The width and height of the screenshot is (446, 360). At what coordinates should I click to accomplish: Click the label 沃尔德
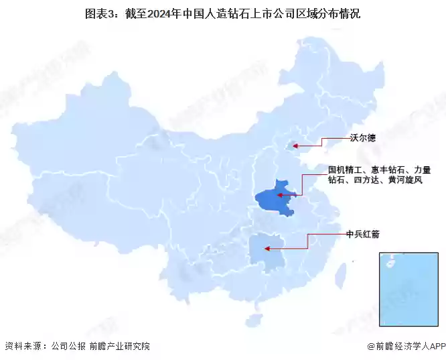(x=362, y=138)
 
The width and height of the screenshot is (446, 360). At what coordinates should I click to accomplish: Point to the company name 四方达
(x=367, y=180)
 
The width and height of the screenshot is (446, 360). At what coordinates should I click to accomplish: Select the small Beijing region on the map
(x=291, y=145)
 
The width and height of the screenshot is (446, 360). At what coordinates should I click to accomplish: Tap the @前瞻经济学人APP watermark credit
(x=406, y=346)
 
